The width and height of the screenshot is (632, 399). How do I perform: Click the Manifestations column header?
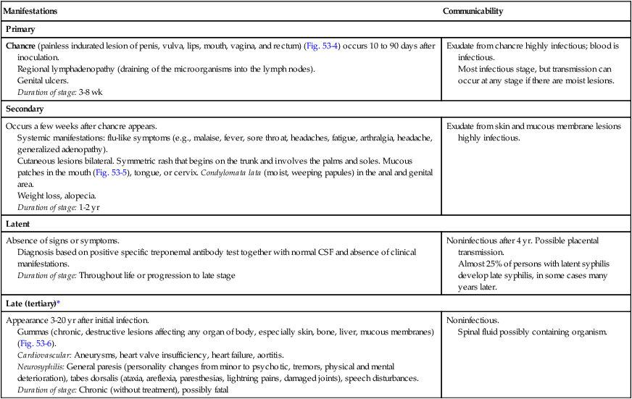tap(32, 12)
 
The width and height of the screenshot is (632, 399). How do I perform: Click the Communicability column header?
tap(473, 12)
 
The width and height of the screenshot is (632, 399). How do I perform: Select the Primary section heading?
tap(21, 30)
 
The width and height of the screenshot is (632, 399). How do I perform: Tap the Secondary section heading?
tap(26, 109)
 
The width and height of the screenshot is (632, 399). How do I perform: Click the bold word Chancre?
tap(21, 46)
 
